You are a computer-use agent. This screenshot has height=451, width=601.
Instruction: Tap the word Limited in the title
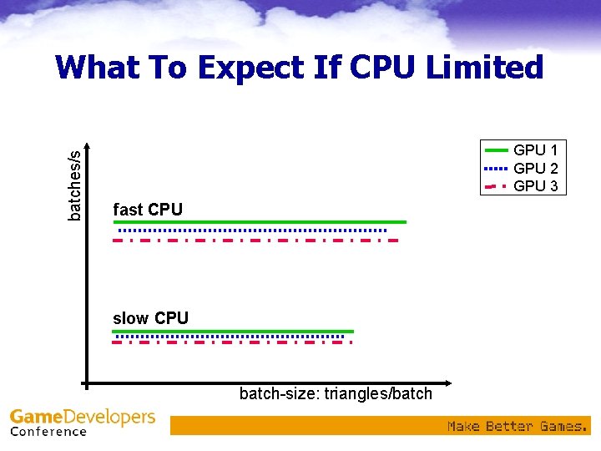click(484, 67)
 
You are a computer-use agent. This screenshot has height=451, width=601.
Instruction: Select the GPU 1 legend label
click(535, 150)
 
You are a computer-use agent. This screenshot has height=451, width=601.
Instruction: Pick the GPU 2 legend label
click(535, 168)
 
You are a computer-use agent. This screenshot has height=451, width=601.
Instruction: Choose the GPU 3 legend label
click(535, 185)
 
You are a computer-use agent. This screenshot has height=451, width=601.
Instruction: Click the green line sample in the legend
click(496, 150)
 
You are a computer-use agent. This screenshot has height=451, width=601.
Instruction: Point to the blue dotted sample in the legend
click(496, 168)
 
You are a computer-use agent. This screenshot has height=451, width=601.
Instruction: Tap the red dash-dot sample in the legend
click(496, 185)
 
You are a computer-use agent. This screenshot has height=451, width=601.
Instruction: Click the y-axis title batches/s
click(75, 185)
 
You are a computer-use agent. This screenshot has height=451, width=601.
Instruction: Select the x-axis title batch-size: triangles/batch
click(336, 393)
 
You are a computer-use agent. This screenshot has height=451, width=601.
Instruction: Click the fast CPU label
click(148, 209)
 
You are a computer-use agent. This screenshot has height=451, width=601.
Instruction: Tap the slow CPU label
click(150, 318)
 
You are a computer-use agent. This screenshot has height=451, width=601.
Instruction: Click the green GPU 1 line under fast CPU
click(259, 222)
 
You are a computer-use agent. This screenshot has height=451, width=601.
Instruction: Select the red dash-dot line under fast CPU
click(255, 241)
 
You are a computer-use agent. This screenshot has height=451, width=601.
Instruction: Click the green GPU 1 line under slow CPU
click(234, 332)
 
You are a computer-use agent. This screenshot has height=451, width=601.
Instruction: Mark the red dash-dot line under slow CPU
click(232, 342)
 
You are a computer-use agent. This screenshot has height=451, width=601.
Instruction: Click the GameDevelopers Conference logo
click(82, 422)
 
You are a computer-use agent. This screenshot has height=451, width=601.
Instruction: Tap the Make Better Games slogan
click(517, 426)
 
